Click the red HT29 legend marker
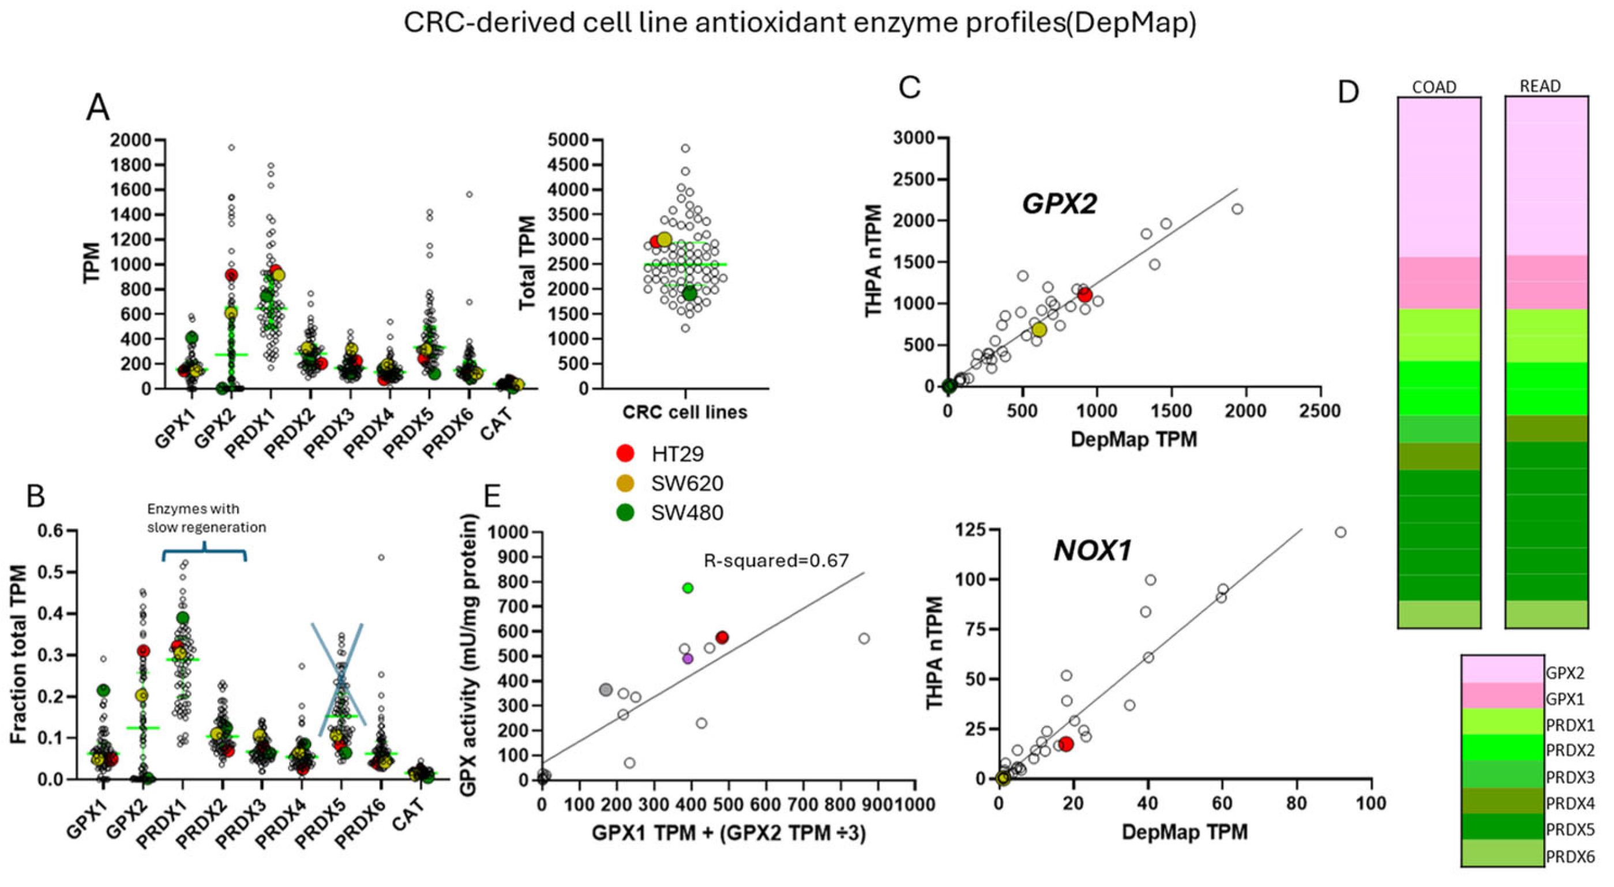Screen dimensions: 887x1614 point(625,453)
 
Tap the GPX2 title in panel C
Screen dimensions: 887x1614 point(1059,204)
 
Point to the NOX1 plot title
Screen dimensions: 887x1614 point(1093,551)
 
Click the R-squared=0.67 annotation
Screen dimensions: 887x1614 point(776,560)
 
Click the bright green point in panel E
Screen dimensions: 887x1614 point(688,588)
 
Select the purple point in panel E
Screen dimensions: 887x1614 point(688,659)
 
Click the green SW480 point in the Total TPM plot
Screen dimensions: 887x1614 point(690,294)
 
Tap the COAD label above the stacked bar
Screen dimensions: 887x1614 point(1433,87)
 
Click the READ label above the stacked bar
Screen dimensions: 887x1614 point(1540,86)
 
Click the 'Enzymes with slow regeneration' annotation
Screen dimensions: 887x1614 point(206,518)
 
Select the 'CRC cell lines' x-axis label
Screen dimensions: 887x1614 point(684,412)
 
